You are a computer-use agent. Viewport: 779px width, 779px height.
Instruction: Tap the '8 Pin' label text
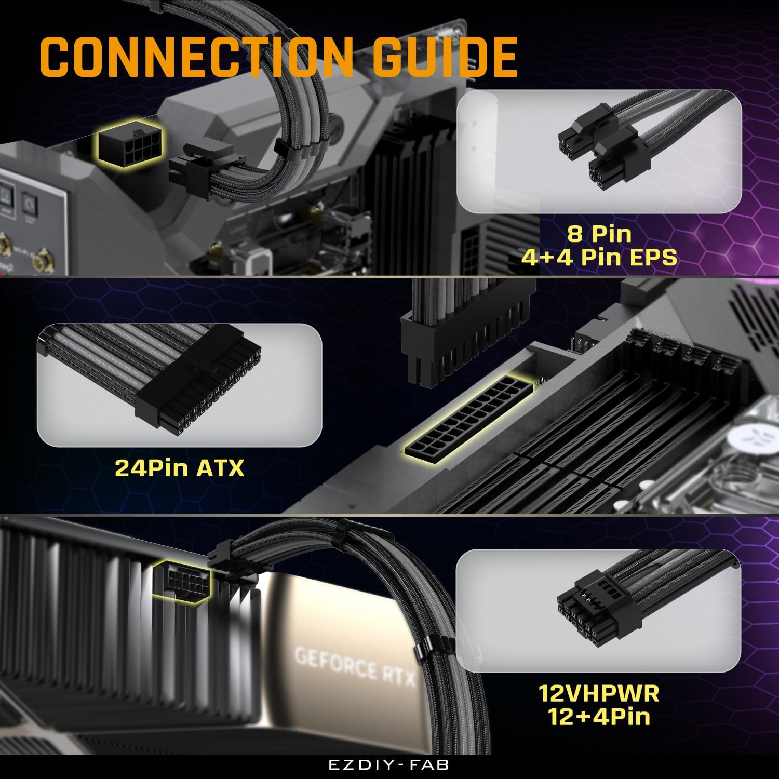pyautogui.click(x=599, y=234)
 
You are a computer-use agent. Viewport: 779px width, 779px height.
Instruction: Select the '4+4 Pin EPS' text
pyautogui.click(x=599, y=257)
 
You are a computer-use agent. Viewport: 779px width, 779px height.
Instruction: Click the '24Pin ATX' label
pyautogui.click(x=179, y=468)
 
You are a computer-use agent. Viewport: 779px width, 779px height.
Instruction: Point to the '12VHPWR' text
pyautogui.click(x=599, y=693)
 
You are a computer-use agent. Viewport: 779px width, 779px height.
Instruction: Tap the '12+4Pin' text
pyautogui.click(x=599, y=717)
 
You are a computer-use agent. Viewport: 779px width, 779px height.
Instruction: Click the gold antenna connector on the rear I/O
pyautogui.click(x=39, y=262)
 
